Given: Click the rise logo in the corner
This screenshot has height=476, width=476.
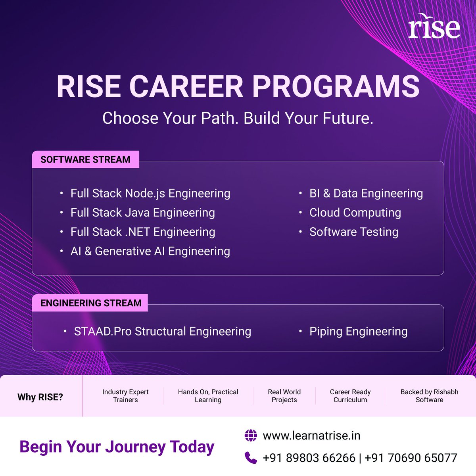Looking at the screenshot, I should click(x=434, y=27).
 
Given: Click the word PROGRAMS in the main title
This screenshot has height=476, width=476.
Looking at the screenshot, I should click(x=336, y=86).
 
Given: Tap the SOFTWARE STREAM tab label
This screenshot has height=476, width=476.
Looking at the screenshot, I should click(x=85, y=159).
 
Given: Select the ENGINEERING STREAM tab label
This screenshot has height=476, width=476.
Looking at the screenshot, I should click(x=91, y=303).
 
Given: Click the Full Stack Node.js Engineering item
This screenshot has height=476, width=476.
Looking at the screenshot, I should click(x=150, y=194).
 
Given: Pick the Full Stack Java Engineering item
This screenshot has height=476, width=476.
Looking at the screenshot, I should click(x=142, y=213).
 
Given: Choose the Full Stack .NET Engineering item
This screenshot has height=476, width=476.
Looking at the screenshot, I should click(x=143, y=232).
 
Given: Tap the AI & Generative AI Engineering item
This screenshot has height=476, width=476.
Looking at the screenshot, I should click(x=150, y=251).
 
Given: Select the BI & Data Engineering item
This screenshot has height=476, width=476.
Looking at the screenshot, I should click(x=366, y=194).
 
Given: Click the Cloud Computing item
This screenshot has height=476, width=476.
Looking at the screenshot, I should click(x=355, y=213).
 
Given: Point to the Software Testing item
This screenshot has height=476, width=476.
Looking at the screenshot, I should click(x=353, y=232).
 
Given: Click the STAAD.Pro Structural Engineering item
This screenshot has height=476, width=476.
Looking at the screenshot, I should click(x=162, y=332).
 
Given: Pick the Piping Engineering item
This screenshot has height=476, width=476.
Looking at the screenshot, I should click(x=358, y=332).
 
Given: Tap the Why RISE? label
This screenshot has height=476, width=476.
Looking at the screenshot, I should click(x=40, y=397).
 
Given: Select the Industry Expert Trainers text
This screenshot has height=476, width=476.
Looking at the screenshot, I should click(x=125, y=396).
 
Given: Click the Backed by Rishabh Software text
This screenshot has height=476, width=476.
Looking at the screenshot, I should click(x=429, y=396).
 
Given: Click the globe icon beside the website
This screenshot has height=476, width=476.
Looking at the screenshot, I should click(x=251, y=436).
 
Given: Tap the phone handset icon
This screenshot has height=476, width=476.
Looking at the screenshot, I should click(x=251, y=458).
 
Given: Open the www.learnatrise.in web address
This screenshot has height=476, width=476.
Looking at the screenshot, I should click(x=311, y=436).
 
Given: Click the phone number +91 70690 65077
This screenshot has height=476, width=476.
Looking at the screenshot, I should click(x=411, y=458).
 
